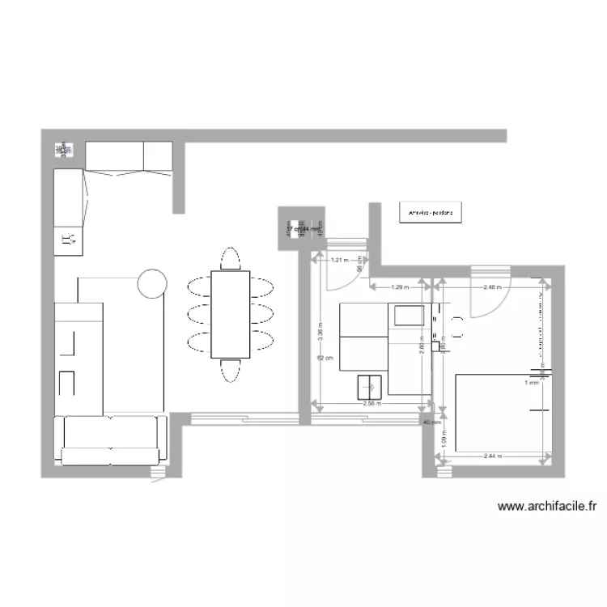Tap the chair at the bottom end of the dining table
(x=231, y=371)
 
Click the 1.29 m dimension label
(x=400, y=287)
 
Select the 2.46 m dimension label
(x=493, y=287)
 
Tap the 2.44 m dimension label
(x=491, y=456)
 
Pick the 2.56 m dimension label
(x=371, y=403)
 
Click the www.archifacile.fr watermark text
(x=547, y=507)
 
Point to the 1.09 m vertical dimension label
(x=444, y=437)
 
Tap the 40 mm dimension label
(x=430, y=422)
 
